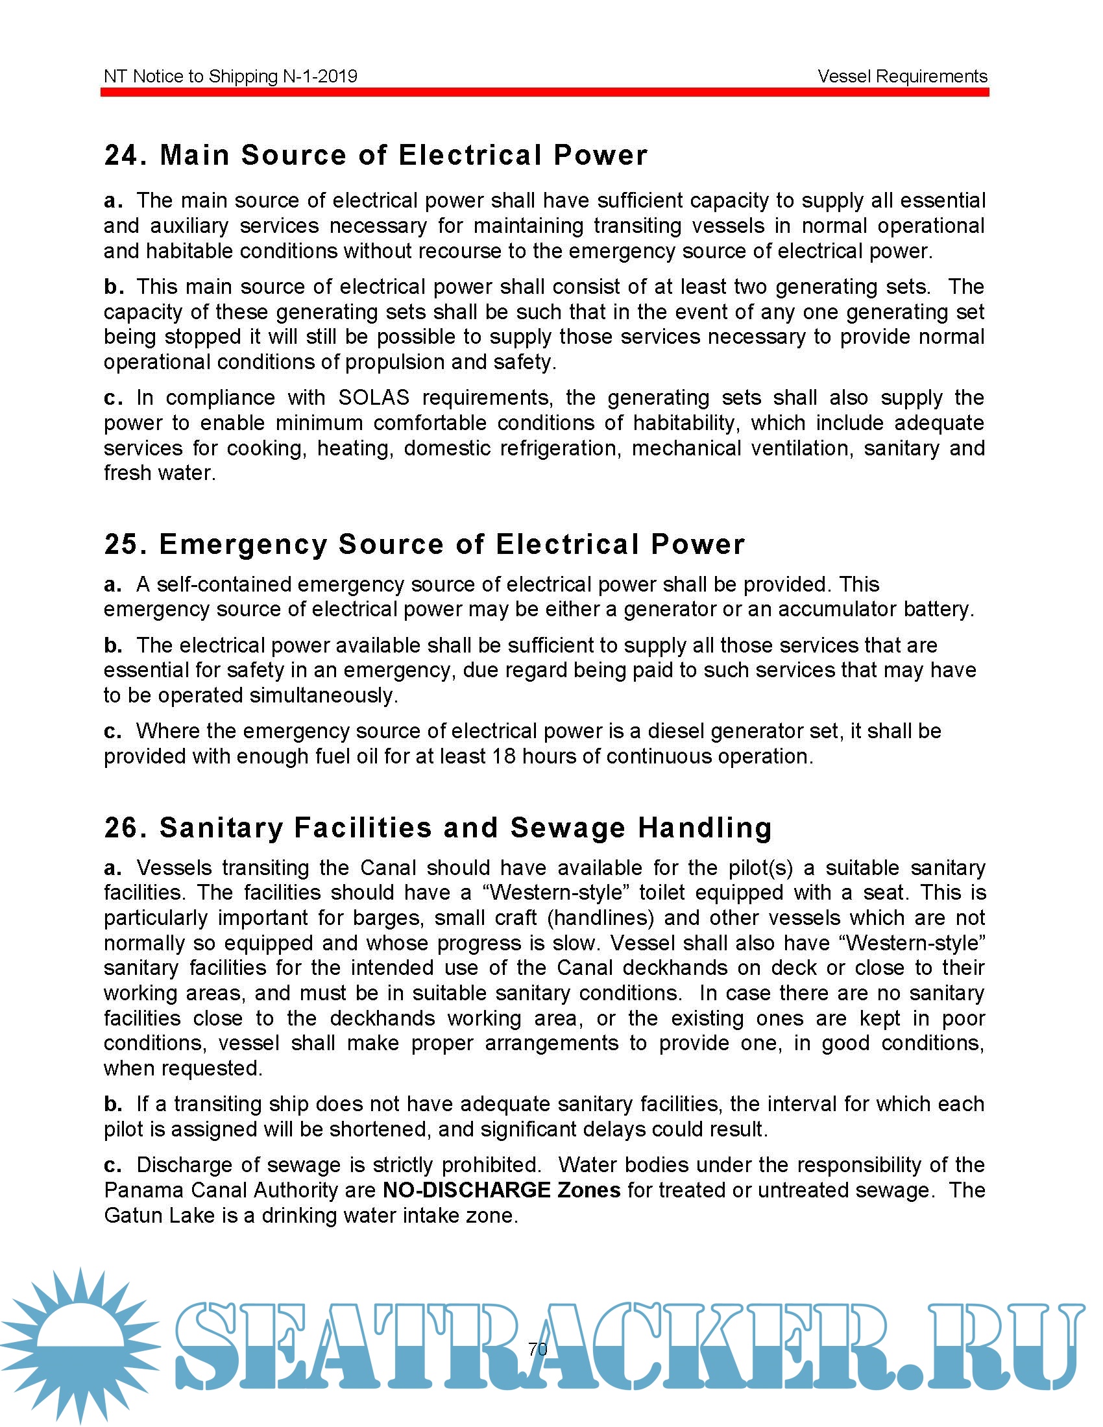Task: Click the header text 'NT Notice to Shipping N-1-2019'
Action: pos(230,77)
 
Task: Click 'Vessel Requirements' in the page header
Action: pos(902,77)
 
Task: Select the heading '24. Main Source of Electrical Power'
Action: pos(376,156)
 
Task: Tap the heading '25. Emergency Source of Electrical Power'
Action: pos(424,544)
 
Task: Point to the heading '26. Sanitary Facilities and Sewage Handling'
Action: pos(438,827)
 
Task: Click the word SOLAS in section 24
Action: pos(374,398)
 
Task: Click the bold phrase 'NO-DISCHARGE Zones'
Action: pos(501,1190)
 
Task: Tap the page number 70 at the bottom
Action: pos(537,1349)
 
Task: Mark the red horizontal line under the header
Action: pos(544,92)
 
